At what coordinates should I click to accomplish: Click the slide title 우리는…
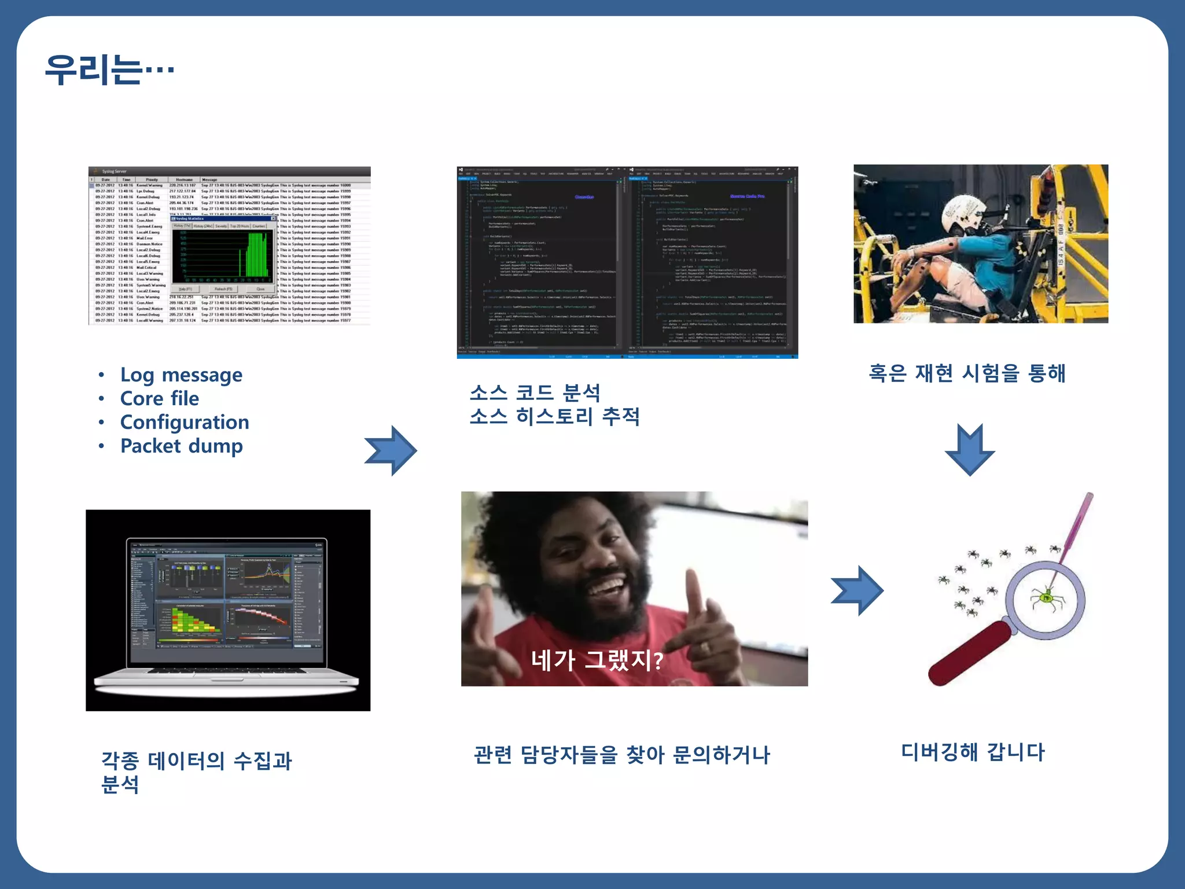pyautogui.click(x=109, y=70)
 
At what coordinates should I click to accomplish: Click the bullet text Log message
pyautogui.click(x=181, y=375)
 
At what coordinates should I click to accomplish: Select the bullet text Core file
pyautogui.click(x=159, y=399)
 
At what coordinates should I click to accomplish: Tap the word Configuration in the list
pyautogui.click(x=185, y=423)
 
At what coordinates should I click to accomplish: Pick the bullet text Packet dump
pyautogui.click(x=181, y=446)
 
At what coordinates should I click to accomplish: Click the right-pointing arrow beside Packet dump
pyautogui.click(x=391, y=451)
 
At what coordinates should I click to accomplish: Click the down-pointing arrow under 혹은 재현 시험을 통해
pyautogui.click(x=970, y=450)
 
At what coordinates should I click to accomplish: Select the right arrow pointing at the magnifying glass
pyautogui.click(x=857, y=591)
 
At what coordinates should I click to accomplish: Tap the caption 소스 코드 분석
pyautogui.click(x=535, y=393)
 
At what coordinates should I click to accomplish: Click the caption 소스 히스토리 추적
pyautogui.click(x=554, y=417)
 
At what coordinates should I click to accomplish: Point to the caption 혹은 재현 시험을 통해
pyautogui.click(x=967, y=373)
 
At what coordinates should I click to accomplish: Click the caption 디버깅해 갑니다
pyautogui.click(x=973, y=752)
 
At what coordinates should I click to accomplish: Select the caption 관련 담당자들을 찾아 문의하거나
pyautogui.click(x=622, y=755)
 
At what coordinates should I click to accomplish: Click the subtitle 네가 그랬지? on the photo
pyautogui.click(x=597, y=660)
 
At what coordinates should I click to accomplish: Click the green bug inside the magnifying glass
pyautogui.click(x=1046, y=597)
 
